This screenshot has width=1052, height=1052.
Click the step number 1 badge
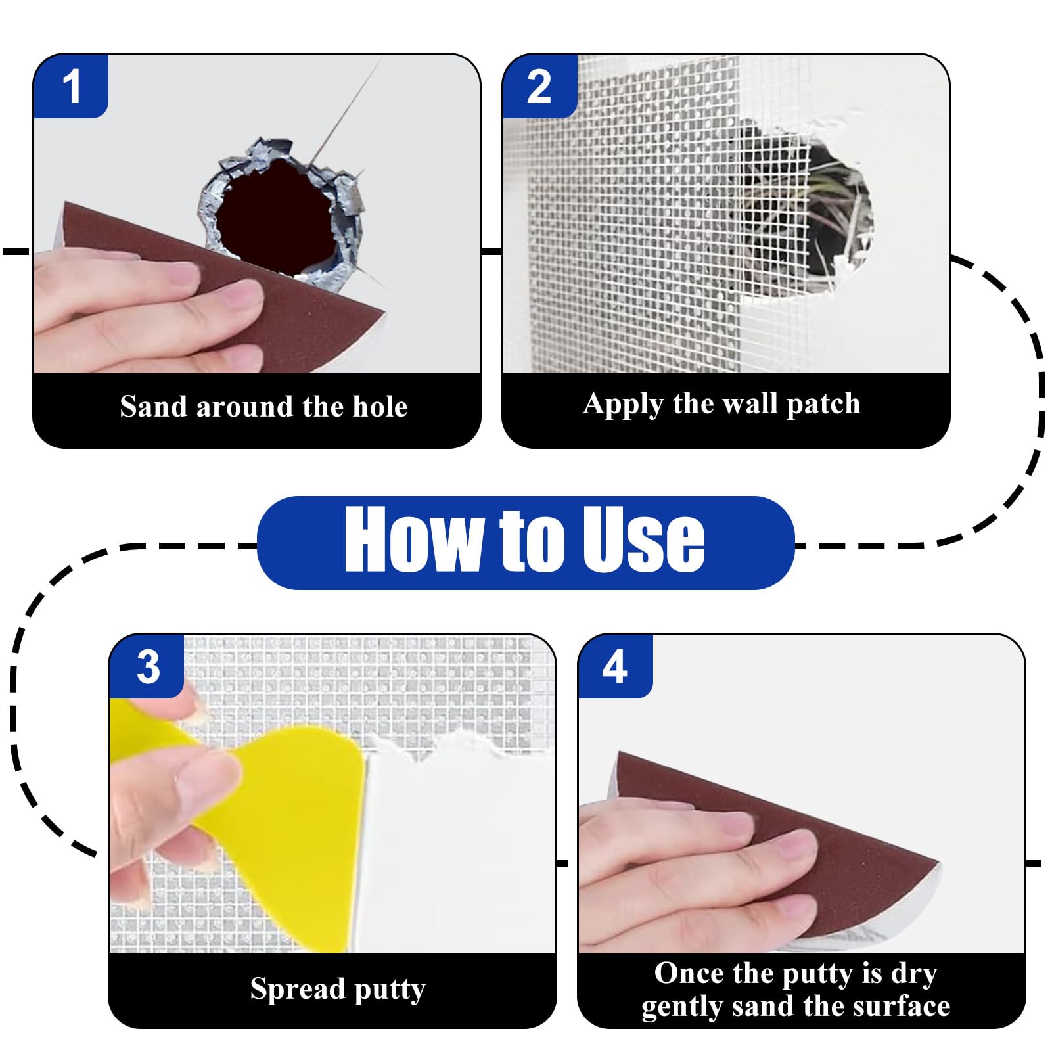(x=71, y=86)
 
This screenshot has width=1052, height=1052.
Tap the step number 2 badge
(x=539, y=86)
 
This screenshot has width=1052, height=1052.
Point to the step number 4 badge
(x=615, y=666)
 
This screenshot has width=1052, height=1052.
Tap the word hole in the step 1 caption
(x=380, y=406)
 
